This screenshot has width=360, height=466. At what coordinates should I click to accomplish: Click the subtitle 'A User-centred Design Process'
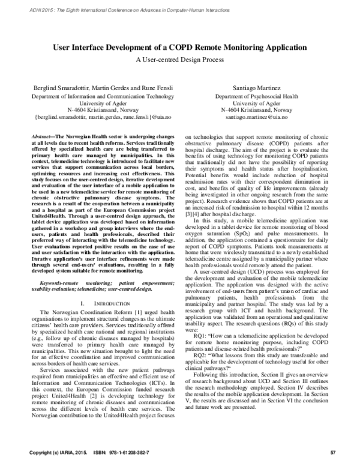tap(180, 59)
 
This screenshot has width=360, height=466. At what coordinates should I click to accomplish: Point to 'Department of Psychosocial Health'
tap(253, 96)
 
